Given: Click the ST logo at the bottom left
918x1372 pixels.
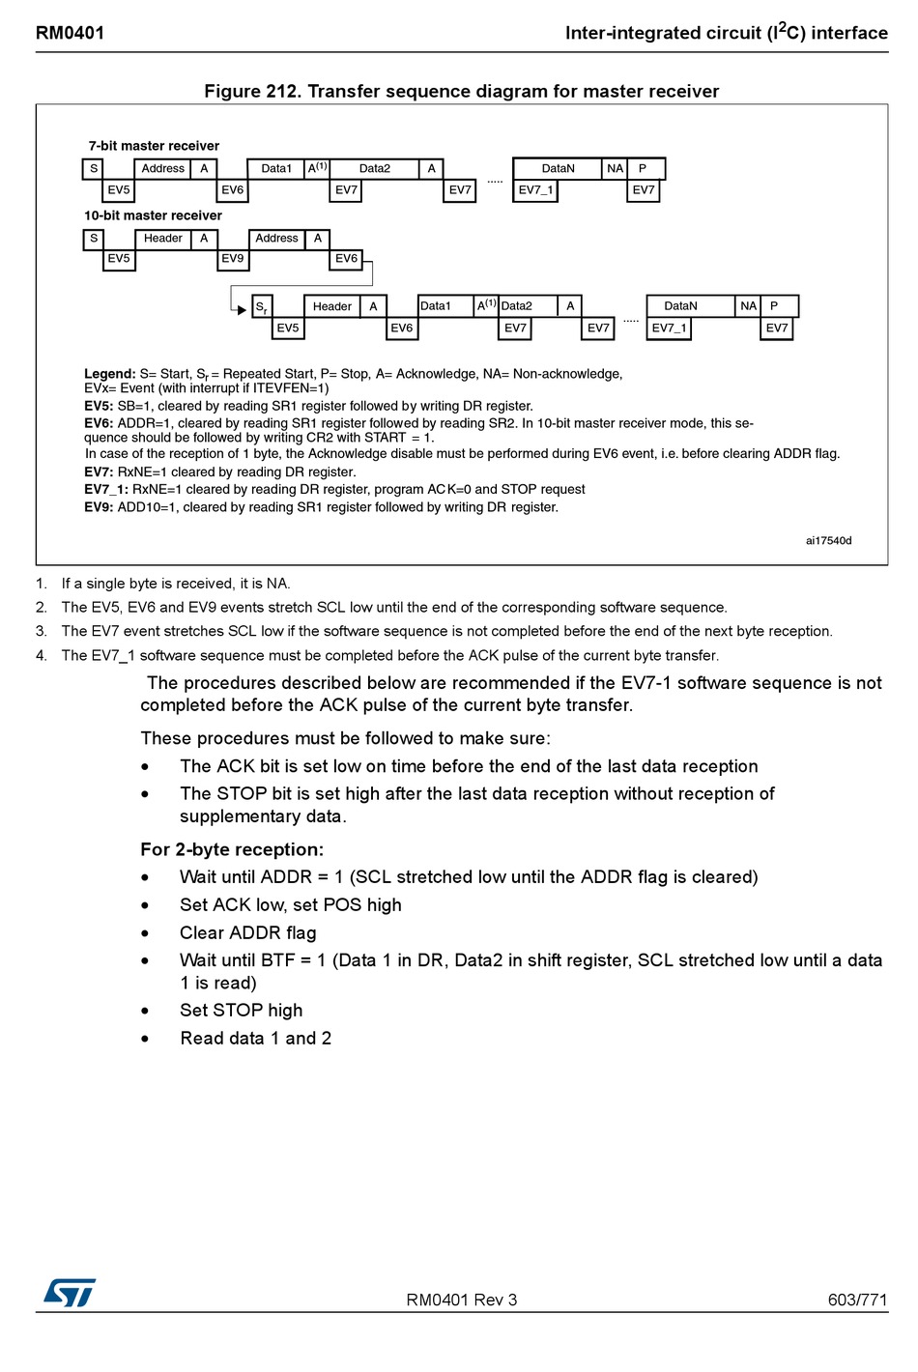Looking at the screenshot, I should click(70, 1293).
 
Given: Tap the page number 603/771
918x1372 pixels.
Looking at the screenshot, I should click(857, 1300).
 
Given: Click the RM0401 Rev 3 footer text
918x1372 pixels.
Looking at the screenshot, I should click(461, 1300).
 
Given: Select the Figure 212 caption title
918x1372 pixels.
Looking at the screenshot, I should click(461, 91).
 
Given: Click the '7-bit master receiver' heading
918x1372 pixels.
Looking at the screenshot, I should click(154, 146).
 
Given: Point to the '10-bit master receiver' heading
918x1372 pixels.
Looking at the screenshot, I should click(153, 215).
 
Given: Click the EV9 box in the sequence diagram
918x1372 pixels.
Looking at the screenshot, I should click(233, 259).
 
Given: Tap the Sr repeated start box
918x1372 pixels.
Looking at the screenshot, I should click(261, 307).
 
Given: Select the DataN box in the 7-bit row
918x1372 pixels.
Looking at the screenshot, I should click(558, 169).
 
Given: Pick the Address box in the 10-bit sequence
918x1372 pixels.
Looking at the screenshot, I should click(276, 239).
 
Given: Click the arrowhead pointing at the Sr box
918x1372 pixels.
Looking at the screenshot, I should click(242, 310).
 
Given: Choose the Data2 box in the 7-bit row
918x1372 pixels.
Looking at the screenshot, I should click(375, 169).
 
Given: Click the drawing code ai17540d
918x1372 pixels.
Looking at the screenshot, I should click(828, 541).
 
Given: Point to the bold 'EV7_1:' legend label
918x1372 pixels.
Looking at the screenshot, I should click(105, 490).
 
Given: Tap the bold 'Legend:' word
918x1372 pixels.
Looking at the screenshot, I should click(109, 374).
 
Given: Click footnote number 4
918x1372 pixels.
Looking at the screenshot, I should click(42, 655).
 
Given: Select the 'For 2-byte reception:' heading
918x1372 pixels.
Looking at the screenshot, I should click(232, 849).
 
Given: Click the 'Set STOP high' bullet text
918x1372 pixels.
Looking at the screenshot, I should click(241, 1010).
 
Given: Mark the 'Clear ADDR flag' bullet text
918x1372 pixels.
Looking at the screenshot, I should click(247, 932).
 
